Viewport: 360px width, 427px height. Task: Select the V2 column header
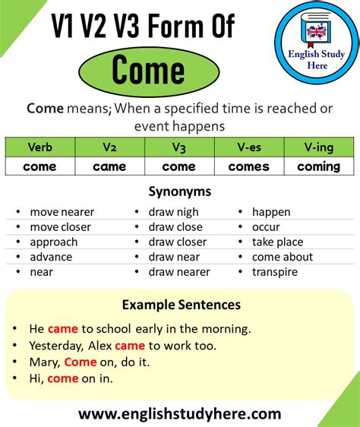click(110, 147)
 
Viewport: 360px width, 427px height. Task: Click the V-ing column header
click(319, 147)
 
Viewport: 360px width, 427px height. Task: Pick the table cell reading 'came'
click(110, 166)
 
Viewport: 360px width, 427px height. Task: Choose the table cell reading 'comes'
click(249, 166)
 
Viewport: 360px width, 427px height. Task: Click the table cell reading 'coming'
click(319, 166)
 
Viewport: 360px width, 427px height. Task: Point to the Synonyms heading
click(180, 191)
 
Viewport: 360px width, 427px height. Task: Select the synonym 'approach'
click(54, 242)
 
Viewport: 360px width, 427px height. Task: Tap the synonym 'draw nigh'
click(173, 212)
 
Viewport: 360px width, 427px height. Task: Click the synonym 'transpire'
click(275, 271)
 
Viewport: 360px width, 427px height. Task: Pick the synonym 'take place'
click(277, 242)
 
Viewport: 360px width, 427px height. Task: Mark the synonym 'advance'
click(51, 257)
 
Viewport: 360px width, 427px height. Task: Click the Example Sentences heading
click(181, 305)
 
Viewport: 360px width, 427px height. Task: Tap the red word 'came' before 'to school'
click(62, 329)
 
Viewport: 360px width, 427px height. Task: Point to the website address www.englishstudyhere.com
click(179, 414)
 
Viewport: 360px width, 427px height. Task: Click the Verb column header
click(39, 147)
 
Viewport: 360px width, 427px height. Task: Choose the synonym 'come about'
click(282, 257)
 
